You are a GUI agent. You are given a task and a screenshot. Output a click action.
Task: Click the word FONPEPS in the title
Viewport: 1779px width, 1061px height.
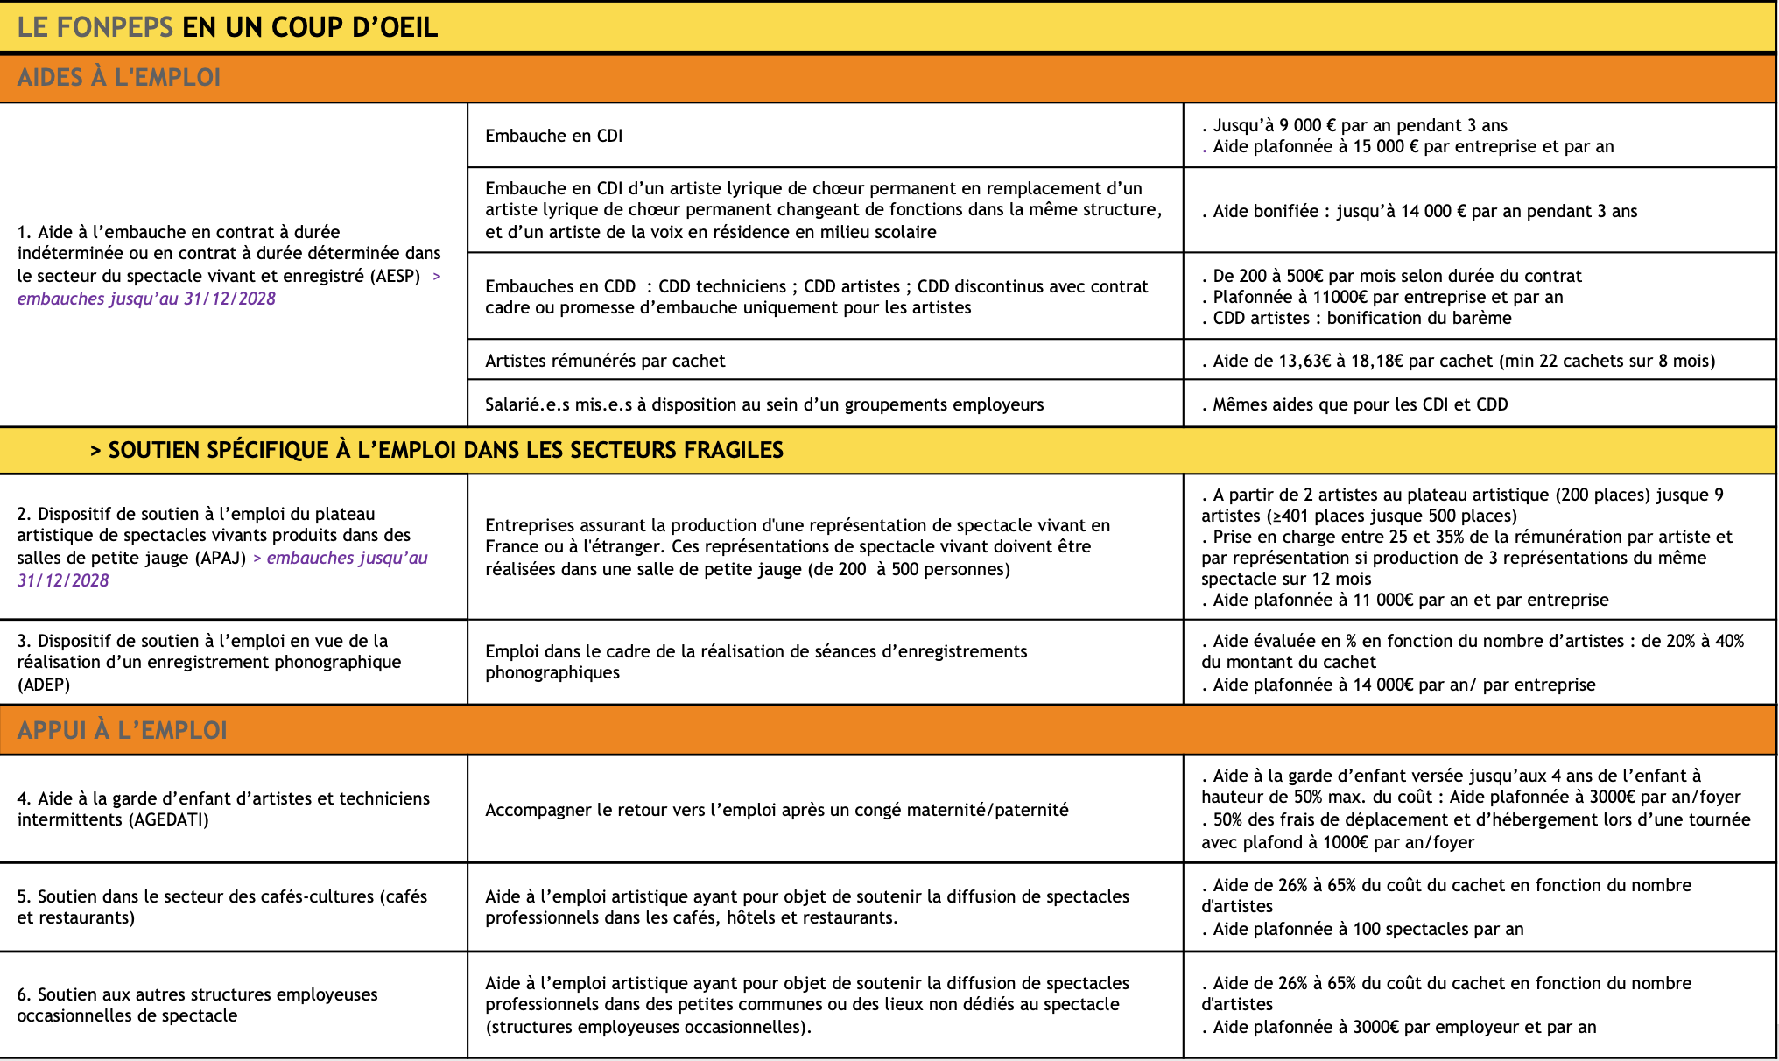pos(115,27)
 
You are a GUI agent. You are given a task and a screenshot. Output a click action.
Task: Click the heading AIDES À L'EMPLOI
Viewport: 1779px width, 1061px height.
pos(119,77)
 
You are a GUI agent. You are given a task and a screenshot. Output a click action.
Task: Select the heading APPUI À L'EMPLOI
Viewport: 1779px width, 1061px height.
pos(122,730)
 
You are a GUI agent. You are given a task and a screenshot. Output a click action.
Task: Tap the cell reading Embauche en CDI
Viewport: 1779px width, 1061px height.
pos(553,136)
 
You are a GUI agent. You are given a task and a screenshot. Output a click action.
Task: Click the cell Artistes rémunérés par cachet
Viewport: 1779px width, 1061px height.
pos(605,361)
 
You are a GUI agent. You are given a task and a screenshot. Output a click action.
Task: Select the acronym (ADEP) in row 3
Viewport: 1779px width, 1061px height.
pos(44,685)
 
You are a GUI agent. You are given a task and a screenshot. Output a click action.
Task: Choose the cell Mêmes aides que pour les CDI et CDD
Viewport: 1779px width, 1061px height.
pos(1360,404)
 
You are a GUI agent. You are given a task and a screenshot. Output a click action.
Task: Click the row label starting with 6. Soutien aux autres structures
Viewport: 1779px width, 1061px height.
pos(197,1005)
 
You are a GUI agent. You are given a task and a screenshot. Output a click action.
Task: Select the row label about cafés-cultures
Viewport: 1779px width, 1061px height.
pos(221,907)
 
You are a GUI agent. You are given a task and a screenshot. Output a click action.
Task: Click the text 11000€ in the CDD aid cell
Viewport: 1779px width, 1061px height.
pos(1340,297)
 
